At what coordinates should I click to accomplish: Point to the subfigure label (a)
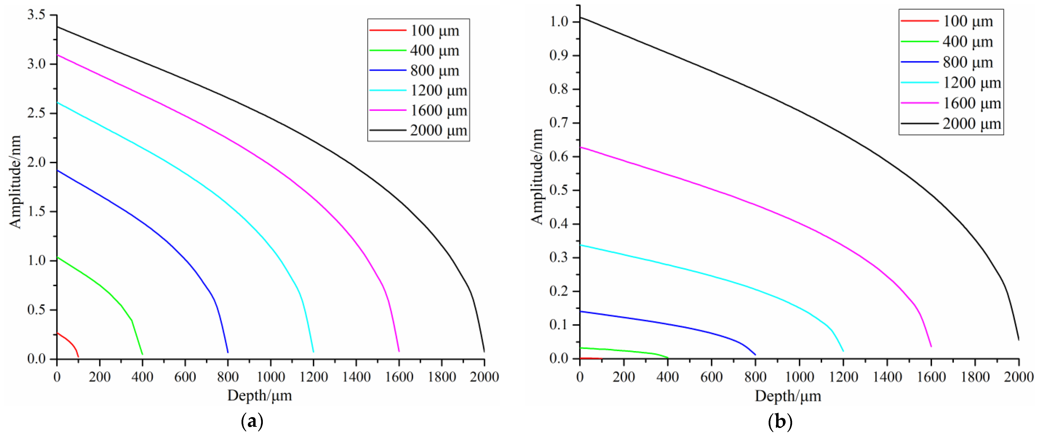[252, 422]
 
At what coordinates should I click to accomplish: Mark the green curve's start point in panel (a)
[58, 257]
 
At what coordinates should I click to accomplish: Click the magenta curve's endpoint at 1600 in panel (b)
[931, 346]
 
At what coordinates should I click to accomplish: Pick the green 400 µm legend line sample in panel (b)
[920, 41]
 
